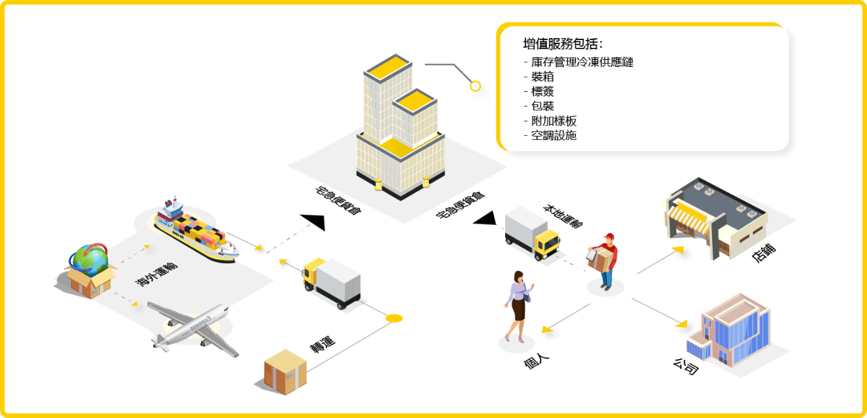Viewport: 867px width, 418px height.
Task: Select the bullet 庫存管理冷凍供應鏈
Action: (582, 62)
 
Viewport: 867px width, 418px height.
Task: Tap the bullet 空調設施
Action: (554, 135)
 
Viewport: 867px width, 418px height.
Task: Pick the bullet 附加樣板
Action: (554, 121)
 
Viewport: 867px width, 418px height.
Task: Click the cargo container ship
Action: (196, 230)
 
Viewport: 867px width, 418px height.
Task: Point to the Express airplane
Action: (194, 329)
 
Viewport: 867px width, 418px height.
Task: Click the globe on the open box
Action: (89, 259)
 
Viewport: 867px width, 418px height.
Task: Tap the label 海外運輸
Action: (156, 274)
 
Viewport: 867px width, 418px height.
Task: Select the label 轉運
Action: (322, 344)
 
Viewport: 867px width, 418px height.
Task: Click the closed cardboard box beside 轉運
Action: (285, 372)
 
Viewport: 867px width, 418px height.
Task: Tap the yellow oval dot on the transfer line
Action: (394, 318)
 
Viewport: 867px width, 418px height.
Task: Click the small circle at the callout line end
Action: (476, 86)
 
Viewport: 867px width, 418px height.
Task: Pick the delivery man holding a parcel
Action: (603, 261)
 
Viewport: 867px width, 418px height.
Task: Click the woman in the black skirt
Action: (519, 306)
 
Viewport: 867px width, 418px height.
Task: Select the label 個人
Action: (536, 362)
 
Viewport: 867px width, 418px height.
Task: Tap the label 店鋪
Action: (764, 253)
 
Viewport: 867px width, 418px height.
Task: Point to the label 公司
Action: (686, 366)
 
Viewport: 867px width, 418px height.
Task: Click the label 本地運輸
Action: (562, 217)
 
